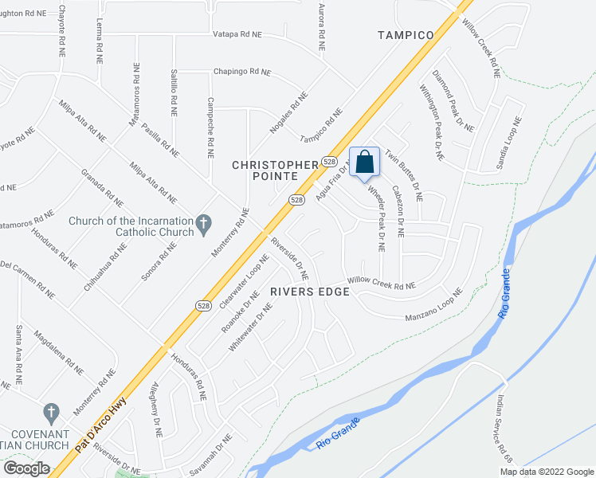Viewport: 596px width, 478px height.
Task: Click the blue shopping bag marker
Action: (x=363, y=163)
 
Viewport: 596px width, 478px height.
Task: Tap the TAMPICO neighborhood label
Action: (x=406, y=35)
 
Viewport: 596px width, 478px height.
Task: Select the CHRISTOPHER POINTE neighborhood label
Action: (x=275, y=172)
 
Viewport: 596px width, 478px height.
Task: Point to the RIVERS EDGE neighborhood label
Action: (x=310, y=292)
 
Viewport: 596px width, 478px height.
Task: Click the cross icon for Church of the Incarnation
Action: (x=203, y=221)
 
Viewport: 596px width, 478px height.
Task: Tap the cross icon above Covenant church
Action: (x=51, y=413)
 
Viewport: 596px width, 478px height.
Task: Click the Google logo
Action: (x=26, y=468)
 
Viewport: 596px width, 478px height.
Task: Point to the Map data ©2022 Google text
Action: (x=546, y=472)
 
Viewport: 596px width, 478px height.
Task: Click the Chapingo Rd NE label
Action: (x=241, y=72)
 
